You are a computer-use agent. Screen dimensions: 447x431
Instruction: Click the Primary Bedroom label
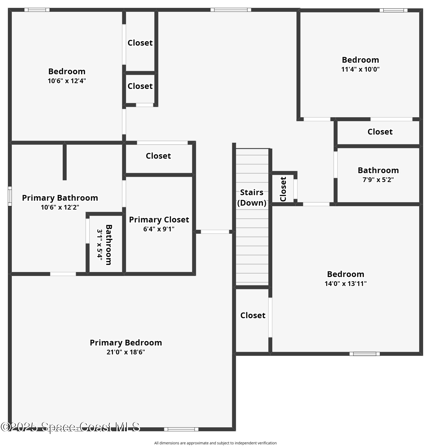point(126,343)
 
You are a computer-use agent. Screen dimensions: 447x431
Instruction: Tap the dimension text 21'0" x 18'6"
point(126,352)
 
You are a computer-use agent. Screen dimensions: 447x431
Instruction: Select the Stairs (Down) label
point(252,198)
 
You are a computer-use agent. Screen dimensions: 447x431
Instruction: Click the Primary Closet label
point(159,220)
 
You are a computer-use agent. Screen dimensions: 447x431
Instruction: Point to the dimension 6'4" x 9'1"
point(159,229)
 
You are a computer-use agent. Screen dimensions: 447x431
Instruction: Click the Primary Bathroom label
point(60,198)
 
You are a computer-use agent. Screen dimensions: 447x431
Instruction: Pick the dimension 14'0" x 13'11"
point(345,284)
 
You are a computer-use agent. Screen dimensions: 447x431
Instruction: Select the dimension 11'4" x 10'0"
point(360,69)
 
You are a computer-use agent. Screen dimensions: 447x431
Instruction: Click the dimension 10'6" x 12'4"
point(67,81)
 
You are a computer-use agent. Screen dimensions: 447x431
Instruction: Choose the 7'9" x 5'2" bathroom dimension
point(378,180)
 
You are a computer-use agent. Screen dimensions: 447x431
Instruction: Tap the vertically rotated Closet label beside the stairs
point(283,189)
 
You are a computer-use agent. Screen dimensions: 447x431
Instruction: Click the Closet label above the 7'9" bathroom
point(380,132)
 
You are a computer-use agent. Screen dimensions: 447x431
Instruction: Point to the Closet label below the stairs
point(253,315)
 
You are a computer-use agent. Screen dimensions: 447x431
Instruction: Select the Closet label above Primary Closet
point(158,156)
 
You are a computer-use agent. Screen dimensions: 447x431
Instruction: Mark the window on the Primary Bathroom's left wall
point(10,196)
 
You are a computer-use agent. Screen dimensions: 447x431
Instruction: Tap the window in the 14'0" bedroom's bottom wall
point(364,354)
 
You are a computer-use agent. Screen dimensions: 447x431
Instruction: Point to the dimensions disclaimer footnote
point(215,443)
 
